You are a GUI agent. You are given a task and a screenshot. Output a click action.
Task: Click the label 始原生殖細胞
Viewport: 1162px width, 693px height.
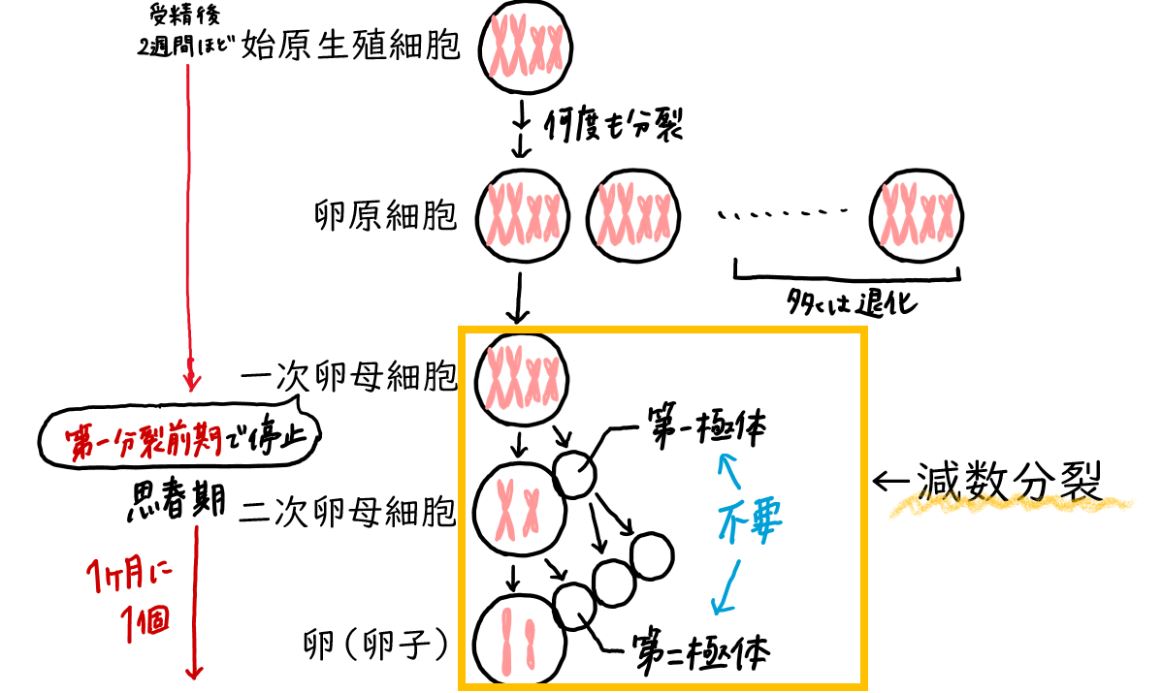pyautogui.click(x=350, y=45)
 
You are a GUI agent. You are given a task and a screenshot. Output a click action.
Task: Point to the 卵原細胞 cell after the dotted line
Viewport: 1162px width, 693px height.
pyautogui.click(x=917, y=214)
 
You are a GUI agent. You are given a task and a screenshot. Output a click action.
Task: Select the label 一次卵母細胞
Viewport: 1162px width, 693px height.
pyautogui.click(x=349, y=376)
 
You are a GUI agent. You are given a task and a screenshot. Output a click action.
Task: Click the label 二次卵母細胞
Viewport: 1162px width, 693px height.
pyautogui.click(x=349, y=511)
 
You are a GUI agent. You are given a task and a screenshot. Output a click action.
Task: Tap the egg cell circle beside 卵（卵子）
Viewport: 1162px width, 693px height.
pyautogui.click(x=518, y=642)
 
